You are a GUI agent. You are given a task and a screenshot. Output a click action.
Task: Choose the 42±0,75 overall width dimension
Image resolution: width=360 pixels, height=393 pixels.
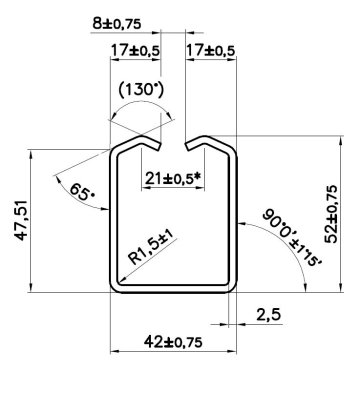(172, 341)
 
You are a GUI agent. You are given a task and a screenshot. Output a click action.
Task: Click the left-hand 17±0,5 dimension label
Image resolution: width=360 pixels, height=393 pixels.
(132, 49)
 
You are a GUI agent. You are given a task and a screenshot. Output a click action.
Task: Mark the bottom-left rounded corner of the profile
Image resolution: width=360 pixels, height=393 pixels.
(114, 289)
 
